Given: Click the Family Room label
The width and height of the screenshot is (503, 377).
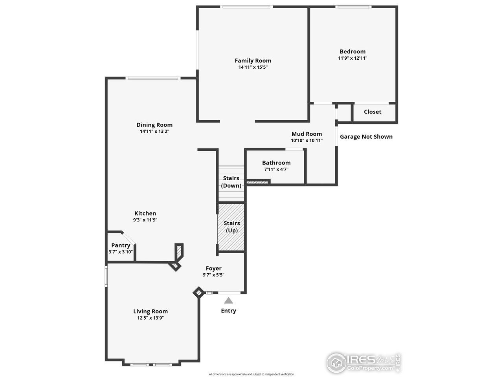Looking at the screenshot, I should click(253, 60).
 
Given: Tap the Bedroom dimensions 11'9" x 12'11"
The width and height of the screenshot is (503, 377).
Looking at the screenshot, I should click(352, 58).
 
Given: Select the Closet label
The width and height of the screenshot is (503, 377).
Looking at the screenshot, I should click(372, 112).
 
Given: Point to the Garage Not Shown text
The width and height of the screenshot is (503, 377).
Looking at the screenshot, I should click(366, 137).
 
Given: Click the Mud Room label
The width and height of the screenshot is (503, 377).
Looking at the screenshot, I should click(307, 134).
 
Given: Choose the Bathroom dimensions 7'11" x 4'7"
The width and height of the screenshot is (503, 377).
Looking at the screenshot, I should click(276, 169).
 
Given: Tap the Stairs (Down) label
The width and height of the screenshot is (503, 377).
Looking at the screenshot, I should click(231, 182).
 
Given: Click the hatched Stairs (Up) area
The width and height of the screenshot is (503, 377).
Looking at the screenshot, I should click(231, 227).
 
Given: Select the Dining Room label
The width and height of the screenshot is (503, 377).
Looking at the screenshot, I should click(154, 125).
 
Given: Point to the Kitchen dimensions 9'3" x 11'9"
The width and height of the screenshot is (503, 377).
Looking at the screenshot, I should click(145, 220).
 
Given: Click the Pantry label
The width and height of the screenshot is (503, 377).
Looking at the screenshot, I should click(121, 245).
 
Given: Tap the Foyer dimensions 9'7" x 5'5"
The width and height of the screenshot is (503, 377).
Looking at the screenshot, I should click(213, 275).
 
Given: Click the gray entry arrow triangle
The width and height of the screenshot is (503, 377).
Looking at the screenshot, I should click(228, 301).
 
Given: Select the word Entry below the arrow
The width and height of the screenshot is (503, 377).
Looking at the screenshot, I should click(228, 311).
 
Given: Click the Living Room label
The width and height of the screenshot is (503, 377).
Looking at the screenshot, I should click(150, 311).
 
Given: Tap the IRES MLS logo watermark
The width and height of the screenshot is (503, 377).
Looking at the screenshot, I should click(363, 362).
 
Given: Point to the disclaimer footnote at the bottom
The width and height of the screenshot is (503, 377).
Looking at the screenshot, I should click(251, 374).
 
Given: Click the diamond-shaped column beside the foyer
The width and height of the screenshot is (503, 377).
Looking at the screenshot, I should click(198, 293).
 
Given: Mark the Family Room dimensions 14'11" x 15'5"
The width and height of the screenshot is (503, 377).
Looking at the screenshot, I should click(253, 67).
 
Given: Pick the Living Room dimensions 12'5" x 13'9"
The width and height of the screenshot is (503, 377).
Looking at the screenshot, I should click(150, 318).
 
